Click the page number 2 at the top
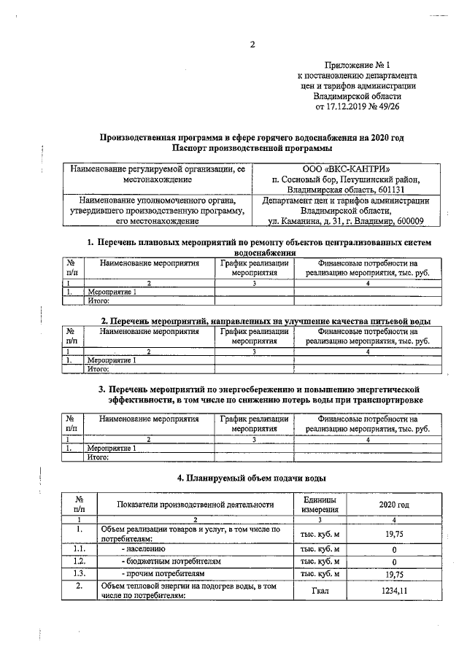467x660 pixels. [x=252, y=44]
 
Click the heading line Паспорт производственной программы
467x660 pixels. [x=252, y=147]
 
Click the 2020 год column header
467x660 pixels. [x=393, y=504]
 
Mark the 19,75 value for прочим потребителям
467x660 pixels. [x=393, y=575]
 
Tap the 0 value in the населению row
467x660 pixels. [x=393, y=548]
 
